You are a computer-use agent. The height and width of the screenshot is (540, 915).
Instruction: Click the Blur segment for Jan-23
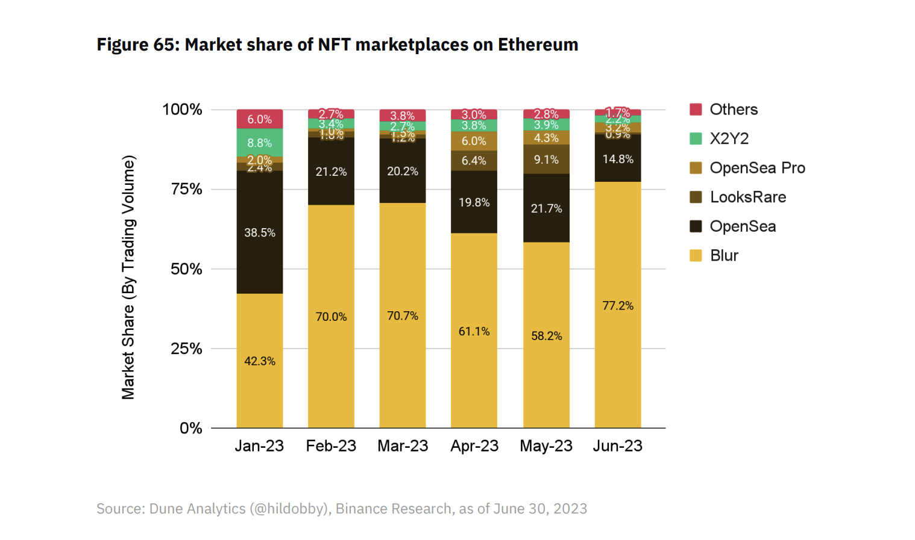pyautogui.click(x=259, y=361)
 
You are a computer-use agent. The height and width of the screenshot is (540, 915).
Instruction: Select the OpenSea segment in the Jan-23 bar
pyautogui.click(x=259, y=232)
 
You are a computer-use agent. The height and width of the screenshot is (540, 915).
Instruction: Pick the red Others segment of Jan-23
pyautogui.click(x=259, y=119)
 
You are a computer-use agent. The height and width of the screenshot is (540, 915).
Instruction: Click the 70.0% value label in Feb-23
pyautogui.click(x=331, y=317)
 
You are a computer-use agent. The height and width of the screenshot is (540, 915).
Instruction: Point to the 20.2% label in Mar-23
pyautogui.click(x=403, y=172)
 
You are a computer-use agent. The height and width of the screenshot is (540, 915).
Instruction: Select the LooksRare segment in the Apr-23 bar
pyautogui.click(x=474, y=161)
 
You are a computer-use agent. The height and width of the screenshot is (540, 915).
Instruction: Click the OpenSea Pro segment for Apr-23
pyautogui.click(x=474, y=141)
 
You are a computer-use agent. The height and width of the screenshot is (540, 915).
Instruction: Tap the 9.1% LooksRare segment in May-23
pyautogui.click(x=546, y=160)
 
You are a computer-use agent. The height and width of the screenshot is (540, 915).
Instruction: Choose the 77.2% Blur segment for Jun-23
pyautogui.click(x=618, y=305)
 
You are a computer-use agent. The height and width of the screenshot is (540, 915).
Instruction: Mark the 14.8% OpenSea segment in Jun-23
pyautogui.click(x=618, y=159)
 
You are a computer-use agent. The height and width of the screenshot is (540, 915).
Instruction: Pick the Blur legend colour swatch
pyautogui.click(x=696, y=256)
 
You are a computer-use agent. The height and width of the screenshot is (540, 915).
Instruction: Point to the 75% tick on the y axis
pyautogui.click(x=186, y=189)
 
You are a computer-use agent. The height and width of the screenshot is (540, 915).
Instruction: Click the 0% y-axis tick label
pyautogui.click(x=191, y=428)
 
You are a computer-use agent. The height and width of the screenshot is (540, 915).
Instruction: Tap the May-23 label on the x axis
pyautogui.click(x=546, y=446)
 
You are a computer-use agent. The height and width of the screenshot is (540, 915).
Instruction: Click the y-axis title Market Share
pyautogui.click(x=128, y=278)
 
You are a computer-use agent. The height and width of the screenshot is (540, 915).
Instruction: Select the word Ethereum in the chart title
pyautogui.click(x=538, y=45)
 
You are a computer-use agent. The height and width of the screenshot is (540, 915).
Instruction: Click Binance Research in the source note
pyautogui.click(x=393, y=509)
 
